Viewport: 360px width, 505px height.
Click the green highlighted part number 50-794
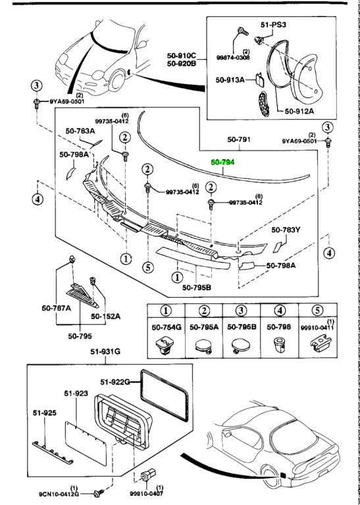click(225, 162)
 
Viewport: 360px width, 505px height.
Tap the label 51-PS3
click(273, 24)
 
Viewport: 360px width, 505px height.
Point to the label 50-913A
click(230, 80)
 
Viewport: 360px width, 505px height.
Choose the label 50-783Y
click(286, 230)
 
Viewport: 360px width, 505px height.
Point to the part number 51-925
click(45, 414)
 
